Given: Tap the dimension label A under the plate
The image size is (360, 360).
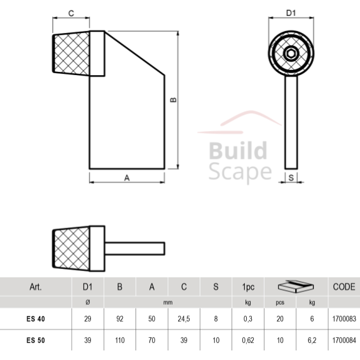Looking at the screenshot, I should pyautogui.click(x=127, y=179).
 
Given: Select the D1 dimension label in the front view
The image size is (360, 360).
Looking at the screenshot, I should pyautogui.click(x=291, y=13).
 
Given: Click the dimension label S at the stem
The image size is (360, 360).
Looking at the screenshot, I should pyautogui.click(x=291, y=179).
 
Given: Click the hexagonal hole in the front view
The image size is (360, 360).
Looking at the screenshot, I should pyautogui.click(x=291, y=53).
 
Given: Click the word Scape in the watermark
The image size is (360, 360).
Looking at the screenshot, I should pyautogui.click(x=240, y=171).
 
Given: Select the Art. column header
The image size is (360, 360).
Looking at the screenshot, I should pyautogui.click(x=36, y=287).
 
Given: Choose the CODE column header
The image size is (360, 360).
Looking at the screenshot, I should pyautogui.click(x=343, y=287).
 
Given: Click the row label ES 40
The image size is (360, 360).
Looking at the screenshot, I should pyautogui.click(x=36, y=319).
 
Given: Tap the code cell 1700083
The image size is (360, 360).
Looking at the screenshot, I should pyautogui.click(x=343, y=319).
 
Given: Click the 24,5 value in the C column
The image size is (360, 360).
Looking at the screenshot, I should pyautogui.click(x=184, y=319).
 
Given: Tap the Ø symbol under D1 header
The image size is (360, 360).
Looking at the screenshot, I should pyautogui.click(x=88, y=303).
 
